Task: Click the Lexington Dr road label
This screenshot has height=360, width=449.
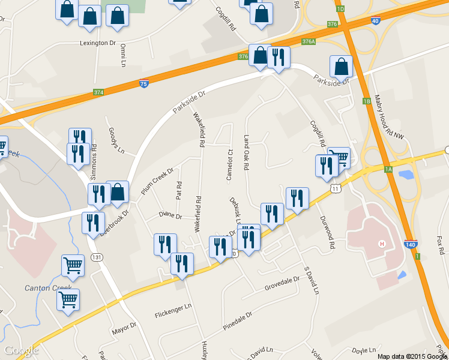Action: (x=98, y=43)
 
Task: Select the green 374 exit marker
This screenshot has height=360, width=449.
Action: (x=99, y=92)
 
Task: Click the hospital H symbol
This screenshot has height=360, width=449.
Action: (x=381, y=244)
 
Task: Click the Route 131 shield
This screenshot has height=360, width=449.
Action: (x=97, y=257)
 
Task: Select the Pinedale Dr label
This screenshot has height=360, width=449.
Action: (x=238, y=322)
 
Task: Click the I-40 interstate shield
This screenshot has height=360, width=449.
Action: (x=376, y=21)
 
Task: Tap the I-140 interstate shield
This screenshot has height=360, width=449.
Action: (x=411, y=245)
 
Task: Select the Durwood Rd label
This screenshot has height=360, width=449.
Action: (x=327, y=233)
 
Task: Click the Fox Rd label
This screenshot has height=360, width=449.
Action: (x=442, y=245)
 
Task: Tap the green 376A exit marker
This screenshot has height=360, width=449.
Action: (x=309, y=41)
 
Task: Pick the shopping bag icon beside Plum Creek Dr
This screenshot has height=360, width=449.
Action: (x=118, y=193)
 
